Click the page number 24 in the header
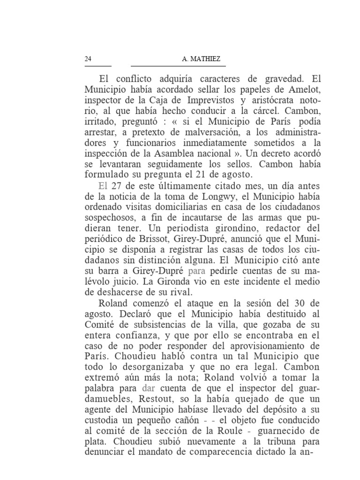click(x=88, y=59)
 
